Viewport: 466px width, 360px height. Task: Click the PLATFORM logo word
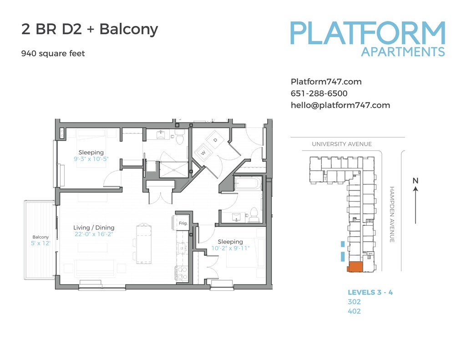pos(368,33)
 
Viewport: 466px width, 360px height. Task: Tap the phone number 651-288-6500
pos(319,93)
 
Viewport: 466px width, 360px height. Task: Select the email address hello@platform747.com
pos(340,105)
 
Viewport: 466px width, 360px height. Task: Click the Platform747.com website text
pos(326,82)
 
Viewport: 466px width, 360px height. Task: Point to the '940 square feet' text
pos(53,54)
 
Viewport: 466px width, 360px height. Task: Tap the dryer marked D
pos(215,140)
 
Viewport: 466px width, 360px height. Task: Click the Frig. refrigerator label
pos(183,223)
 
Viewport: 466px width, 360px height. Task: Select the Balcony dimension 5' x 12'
pos(41,243)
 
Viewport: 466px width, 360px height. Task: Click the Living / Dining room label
pos(94,228)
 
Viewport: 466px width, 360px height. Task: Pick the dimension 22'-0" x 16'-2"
pos(94,234)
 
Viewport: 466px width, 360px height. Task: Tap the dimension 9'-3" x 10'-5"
pos(91,159)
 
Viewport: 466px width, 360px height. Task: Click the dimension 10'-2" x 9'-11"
pos(230,248)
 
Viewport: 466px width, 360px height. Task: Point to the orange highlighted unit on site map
pos(355,267)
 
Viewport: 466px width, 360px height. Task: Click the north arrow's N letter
pos(415,180)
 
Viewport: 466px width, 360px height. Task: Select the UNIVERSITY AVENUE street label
pos(342,144)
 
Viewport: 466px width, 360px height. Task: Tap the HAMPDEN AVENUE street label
pos(392,214)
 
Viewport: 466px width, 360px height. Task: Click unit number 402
pos(354,311)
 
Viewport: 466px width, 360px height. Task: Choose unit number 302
pos(354,302)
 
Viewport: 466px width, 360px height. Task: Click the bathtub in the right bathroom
pos(248,183)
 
